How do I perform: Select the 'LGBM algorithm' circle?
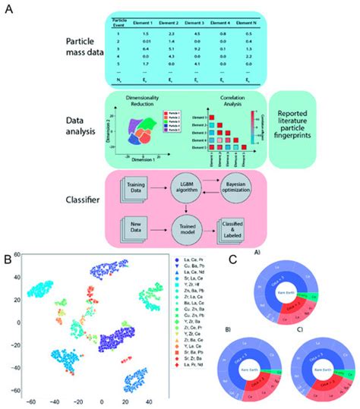click(x=183, y=184)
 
